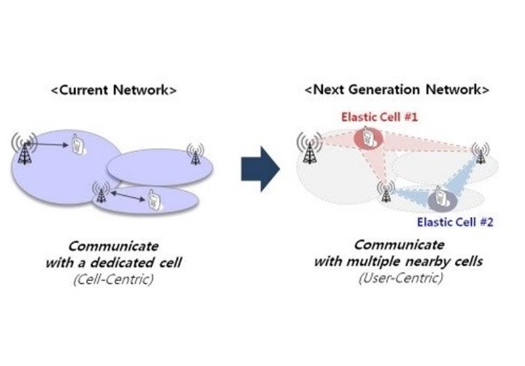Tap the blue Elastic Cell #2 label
click(x=455, y=222)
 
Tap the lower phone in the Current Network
click(x=153, y=200)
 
